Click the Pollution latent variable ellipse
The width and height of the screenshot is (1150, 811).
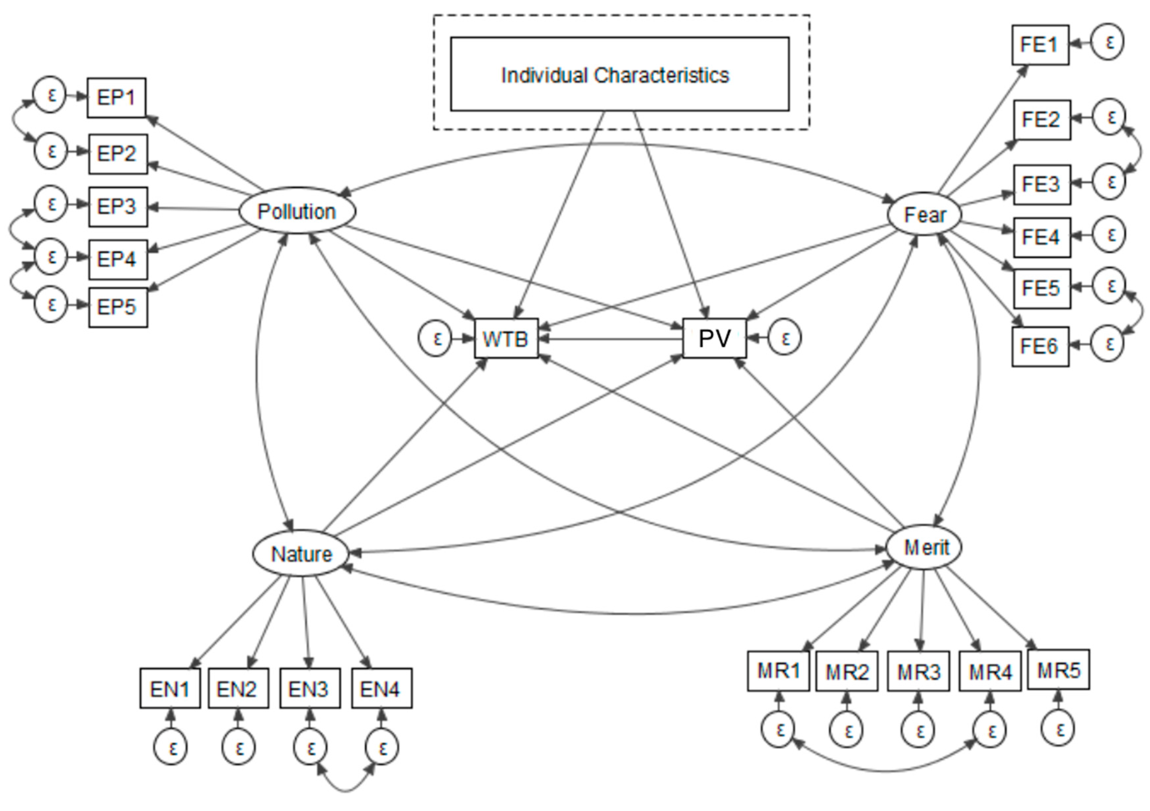[297, 211]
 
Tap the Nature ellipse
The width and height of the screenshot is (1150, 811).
[300, 553]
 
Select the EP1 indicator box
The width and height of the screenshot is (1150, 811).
[116, 98]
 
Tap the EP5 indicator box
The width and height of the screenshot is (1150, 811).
[118, 307]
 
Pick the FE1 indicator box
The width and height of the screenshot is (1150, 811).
[1040, 45]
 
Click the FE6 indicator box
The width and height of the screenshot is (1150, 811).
[1040, 346]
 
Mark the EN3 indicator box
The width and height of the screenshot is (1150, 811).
[309, 689]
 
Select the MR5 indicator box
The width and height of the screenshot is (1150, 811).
[1058, 670]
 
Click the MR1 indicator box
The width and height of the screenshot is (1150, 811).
[778, 671]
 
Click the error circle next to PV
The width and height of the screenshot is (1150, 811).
[784, 339]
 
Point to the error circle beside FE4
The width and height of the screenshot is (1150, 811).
[1109, 234]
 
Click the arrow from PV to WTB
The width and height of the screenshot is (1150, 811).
[611, 340]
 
